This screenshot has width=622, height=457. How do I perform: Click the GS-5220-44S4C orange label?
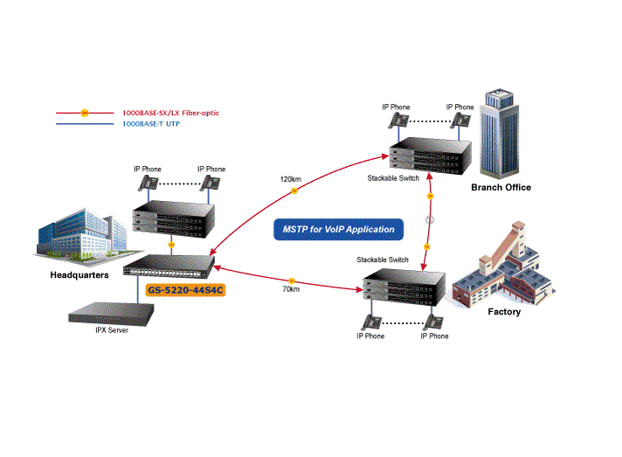pyautogui.click(x=185, y=290)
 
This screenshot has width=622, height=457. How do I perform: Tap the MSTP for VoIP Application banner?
pyautogui.click(x=338, y=230)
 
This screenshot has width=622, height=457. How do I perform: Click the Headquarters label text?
pyautogui.click(x=79, y=274)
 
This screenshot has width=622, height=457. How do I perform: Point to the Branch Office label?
pyautogui.click(x=501, y=187)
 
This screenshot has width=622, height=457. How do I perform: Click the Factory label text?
pyautogui.click(x=504, y=311)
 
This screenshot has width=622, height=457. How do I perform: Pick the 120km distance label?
pyautogui.click(x=290, y=179)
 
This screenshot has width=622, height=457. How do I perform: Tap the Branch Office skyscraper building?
pyautogui.click(x=501, y=130)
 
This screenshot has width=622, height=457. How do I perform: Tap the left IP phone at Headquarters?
pyautogui.click(x=148, y=183)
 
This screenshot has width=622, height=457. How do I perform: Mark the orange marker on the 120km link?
pyautogui.click(x=294, y=190)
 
